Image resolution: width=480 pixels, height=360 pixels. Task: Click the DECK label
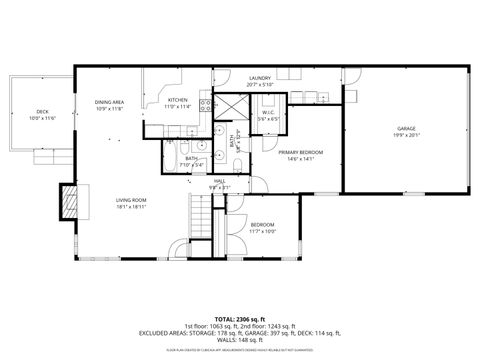tap(42, 111)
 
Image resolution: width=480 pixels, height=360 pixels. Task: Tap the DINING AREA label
tap(109, 102)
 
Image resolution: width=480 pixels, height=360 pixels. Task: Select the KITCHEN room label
tap(177, 100)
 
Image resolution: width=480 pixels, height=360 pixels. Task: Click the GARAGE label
tap(405, 128)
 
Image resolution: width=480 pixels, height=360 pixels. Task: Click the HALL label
tap(219, 181)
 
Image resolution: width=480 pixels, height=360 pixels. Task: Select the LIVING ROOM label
tap(131, 200)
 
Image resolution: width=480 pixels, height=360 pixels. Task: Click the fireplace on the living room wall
tap(69, 201)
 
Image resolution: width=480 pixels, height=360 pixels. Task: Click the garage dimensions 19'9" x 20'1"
tap(405, 135)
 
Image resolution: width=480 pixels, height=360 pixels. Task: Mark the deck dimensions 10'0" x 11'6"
tap(42, 118)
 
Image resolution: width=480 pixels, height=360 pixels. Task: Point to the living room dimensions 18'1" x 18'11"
tap(131, 207)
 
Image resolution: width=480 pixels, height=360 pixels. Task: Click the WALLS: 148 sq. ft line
tap(240, 339)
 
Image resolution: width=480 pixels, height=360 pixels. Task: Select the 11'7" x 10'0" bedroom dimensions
tap(263, 232)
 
